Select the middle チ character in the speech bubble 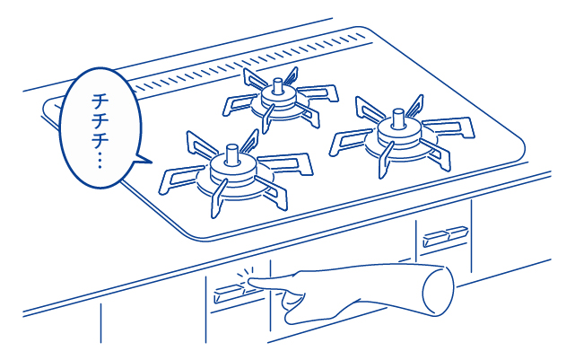click(x=98, y=121)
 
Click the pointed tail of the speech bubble click(x=144, y=160)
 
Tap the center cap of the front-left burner click(x=231, y=154)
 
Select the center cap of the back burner click(x=277, y=86)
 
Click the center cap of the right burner click(x=398, y=119)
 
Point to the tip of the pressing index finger click(x=250, y=281)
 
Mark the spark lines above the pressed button click(x=245, y=273)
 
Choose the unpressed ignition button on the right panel click(x=445, y=237)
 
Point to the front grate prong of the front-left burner click(x=218, y=198)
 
